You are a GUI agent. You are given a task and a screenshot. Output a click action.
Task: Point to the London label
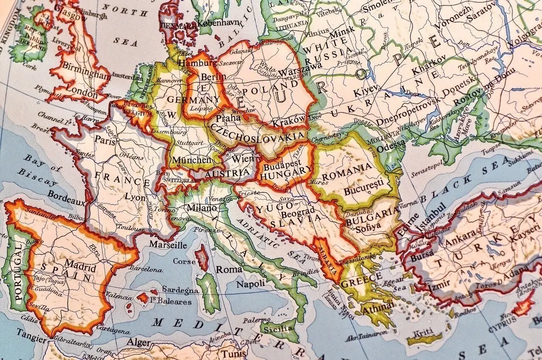tap(81, 93)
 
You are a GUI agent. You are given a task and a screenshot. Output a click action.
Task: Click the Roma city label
tap(228, 269)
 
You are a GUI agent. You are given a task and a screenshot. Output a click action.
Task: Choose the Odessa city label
tap(391, 148)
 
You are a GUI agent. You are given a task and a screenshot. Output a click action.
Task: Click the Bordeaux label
tap(67, 200)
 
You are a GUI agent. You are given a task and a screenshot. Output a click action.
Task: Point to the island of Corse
tap(202, 258)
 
